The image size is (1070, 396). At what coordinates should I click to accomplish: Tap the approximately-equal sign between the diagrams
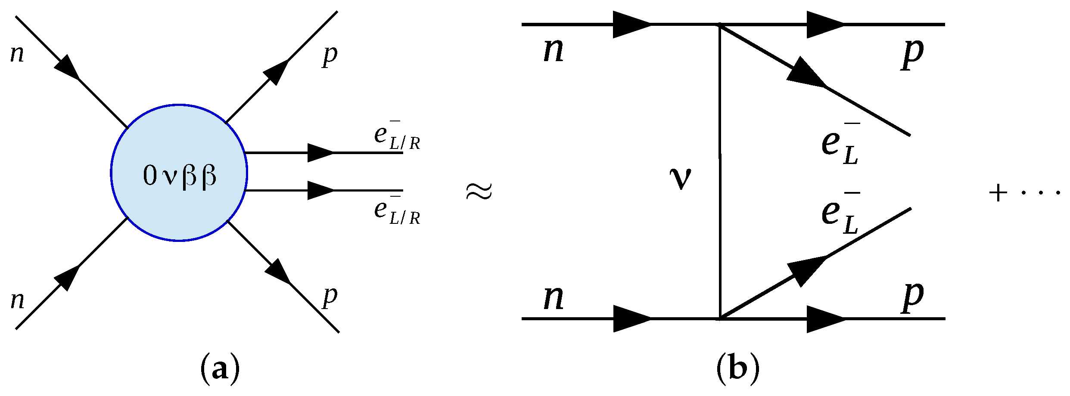click(479, 191)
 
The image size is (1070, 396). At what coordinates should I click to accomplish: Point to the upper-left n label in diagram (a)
click(17, 54)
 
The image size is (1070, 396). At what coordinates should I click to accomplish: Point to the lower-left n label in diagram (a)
click(17, 300)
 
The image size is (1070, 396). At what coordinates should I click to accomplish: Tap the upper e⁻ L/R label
click(396, 137)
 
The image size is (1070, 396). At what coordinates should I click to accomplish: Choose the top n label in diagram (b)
click(554, 50)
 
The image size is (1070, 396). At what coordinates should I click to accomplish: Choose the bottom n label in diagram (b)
click(554, 297)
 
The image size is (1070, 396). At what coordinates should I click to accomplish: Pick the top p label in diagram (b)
click(912, 53)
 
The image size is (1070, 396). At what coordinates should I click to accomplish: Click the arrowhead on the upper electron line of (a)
click(320, 153)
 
